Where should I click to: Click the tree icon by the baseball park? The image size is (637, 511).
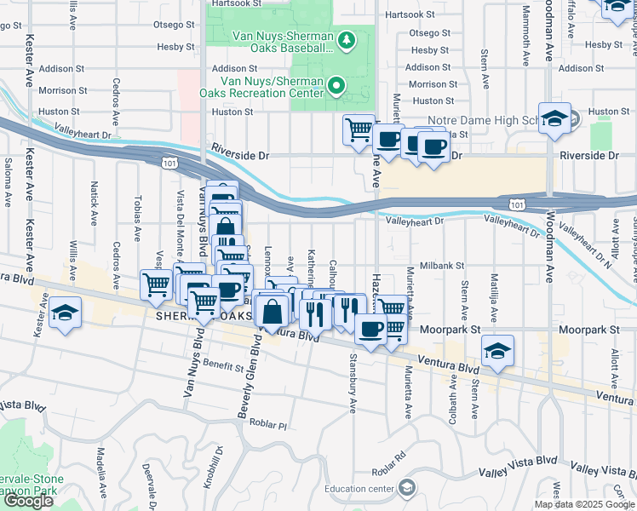347,40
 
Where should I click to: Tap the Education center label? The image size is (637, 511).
359,489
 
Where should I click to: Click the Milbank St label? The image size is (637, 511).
440,267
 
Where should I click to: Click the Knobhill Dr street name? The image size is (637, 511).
218,466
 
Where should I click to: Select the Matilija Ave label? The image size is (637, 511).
493,292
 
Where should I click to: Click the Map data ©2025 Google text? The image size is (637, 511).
583,504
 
